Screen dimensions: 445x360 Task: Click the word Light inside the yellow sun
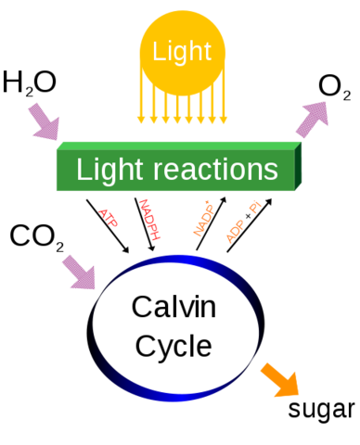182,51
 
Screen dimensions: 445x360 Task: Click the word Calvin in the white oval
174,307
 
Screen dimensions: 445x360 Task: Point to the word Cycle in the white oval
174,346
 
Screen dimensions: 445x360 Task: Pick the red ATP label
109,217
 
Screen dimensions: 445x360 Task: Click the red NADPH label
149,219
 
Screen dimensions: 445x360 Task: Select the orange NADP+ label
203,219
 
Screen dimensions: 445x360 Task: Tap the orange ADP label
234,229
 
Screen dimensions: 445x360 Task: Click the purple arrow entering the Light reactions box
43,121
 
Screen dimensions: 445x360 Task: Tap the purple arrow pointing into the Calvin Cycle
78,272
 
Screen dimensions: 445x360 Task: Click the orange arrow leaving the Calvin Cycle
279,379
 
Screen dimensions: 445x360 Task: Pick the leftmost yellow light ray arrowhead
141,119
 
